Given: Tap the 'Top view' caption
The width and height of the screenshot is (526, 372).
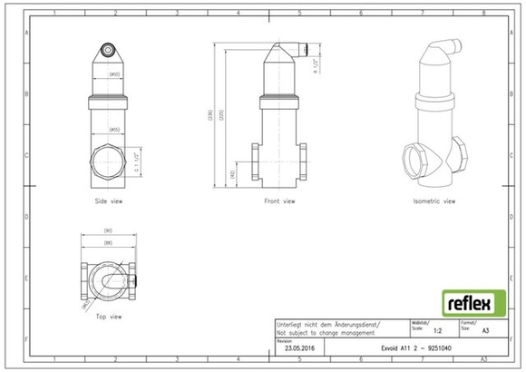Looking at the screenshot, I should click(109, 317).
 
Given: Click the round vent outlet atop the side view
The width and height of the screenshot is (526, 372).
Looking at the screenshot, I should click(108, 50).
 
